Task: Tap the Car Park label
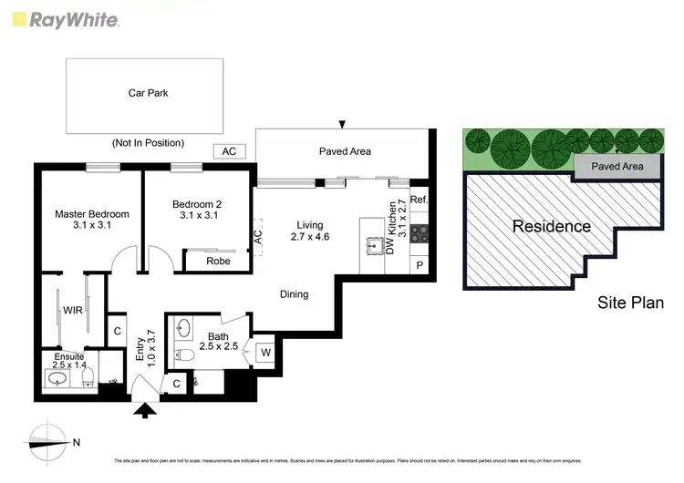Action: [x=148, y=92]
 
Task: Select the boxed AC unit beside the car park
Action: [x=229, y=151]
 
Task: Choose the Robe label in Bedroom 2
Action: [x=217, y=261]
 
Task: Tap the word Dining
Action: [x=294, y=294]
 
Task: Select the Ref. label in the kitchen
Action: [x=419, y=200]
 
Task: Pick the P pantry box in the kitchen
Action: [x=420, y=264]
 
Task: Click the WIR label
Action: [x=72, y=311]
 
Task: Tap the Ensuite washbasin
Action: [x=57, y=377]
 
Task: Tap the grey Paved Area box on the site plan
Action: [x=617, y=167]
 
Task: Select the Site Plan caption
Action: [x=630, y=303]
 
